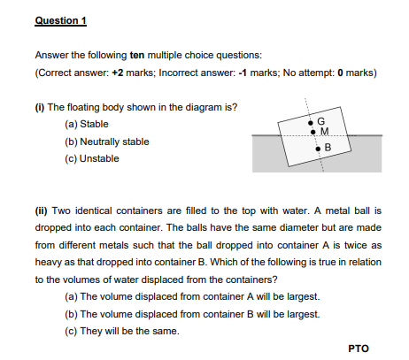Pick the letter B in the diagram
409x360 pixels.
pos(327,146)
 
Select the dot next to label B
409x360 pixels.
pos(318,150)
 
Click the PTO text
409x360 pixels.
pos(358,348)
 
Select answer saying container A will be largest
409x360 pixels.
pos(199,296)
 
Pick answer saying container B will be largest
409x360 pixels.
pos(199,313)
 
